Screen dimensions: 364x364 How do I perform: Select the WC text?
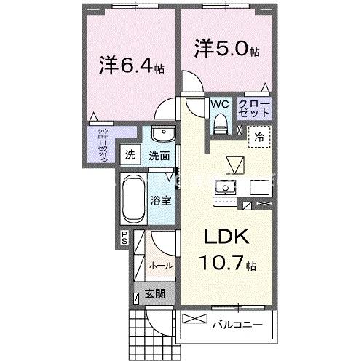pos(219,104)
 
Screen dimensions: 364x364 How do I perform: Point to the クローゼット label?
pos(256,110)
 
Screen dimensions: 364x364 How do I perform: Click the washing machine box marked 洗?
pos(130,154)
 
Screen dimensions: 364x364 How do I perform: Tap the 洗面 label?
pos(159,155)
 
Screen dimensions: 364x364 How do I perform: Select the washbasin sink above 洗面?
pos(165,135)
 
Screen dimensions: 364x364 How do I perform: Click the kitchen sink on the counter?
pos(226,188)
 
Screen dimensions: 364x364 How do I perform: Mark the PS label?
pos(124,236)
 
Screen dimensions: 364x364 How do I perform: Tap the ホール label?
pos(159,267)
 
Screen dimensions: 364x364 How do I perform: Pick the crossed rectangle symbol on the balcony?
pos(194,318)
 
